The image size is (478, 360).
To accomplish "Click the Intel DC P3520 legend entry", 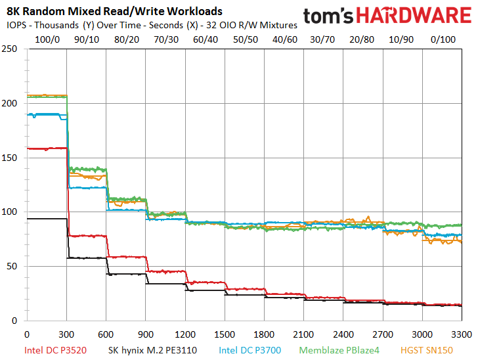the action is coord(55,350).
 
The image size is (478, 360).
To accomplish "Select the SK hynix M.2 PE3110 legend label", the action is coord(152,350).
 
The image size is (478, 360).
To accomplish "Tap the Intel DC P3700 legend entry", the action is coord(250,350).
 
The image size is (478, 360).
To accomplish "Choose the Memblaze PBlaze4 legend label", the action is coord(339,350).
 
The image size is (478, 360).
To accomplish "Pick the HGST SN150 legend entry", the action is coord(427,350).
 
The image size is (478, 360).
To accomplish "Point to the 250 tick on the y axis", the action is coord(9,49).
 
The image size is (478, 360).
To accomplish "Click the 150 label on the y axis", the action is coord(9,158).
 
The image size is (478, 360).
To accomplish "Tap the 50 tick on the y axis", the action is coord(12,266).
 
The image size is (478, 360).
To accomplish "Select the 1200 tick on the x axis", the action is coord(185,334).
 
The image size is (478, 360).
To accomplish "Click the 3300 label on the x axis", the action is coord(462,334).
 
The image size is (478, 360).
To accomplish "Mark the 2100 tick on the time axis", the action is coord(303,334).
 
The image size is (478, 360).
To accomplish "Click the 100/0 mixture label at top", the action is coord(47,39).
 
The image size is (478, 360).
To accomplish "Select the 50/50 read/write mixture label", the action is coord(246,39).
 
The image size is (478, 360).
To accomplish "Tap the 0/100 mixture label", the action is coord(443,39).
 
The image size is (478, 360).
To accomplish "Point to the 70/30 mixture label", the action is coord(166,39).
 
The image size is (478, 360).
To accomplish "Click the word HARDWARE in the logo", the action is coord(414,15).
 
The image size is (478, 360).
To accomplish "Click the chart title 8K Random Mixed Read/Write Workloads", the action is coord(114,11).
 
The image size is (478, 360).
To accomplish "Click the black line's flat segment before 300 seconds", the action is coord(47,219).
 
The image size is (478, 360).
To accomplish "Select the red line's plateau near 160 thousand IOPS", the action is coord(47,148).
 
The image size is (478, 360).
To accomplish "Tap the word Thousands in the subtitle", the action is coord(56,25).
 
